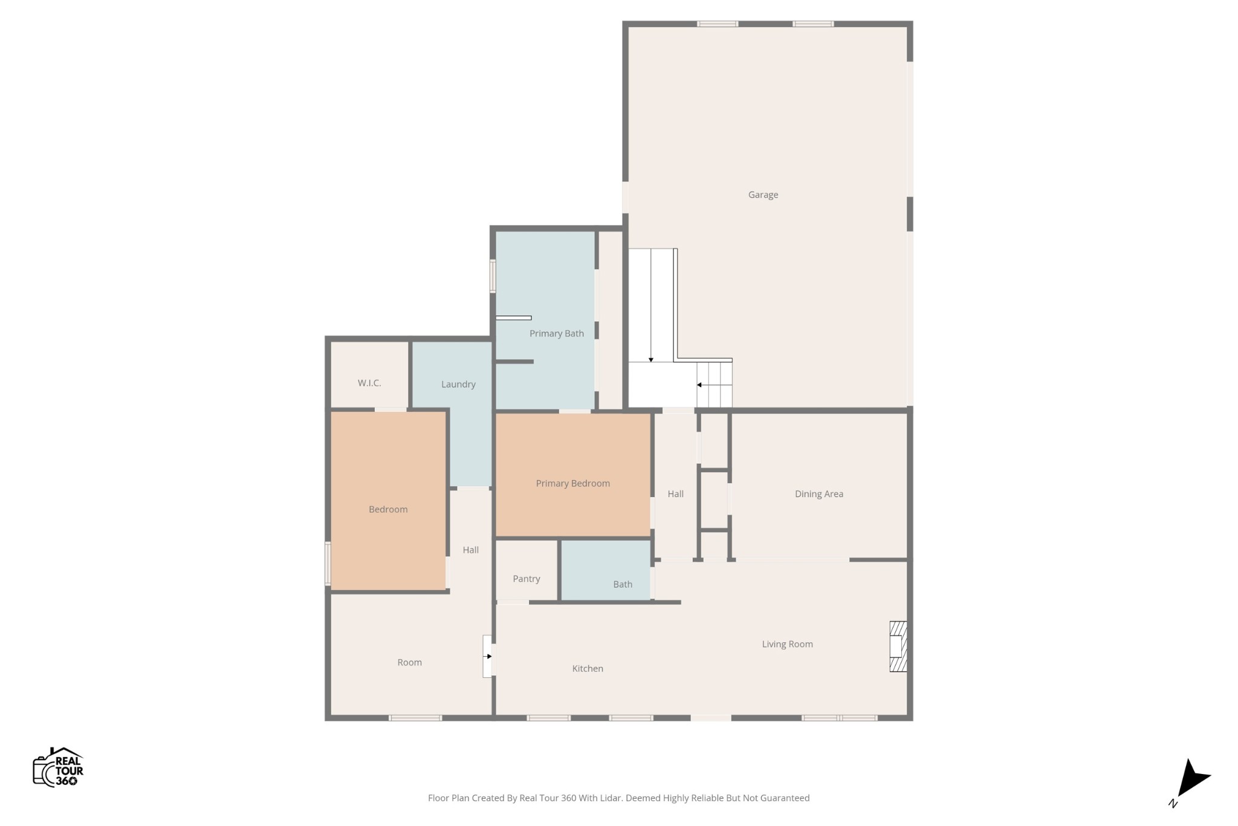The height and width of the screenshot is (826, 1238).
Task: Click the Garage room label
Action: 763,195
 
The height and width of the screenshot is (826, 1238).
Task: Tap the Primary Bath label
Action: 556,333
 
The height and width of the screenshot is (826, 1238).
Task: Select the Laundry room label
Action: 458,384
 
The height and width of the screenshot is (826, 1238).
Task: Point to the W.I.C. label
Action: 369,383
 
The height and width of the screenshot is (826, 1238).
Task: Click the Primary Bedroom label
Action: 572,483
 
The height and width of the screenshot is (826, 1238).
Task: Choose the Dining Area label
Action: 818,494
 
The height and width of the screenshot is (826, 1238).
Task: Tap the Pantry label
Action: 526,579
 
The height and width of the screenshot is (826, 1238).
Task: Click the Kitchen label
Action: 588,668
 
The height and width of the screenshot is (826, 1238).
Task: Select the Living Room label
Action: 787,644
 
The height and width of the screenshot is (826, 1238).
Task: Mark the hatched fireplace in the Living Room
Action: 898,646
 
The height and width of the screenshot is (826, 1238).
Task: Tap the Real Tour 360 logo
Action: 58,767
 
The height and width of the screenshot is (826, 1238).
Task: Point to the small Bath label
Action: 623,584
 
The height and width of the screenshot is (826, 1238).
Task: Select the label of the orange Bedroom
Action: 388,509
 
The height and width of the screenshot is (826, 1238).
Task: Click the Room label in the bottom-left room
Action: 409,662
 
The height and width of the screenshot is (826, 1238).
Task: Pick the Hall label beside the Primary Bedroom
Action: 675,494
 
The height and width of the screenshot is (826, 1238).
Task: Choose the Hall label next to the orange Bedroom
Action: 470,550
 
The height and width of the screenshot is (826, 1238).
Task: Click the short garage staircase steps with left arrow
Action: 715,385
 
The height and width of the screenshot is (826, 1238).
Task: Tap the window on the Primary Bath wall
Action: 493,276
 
